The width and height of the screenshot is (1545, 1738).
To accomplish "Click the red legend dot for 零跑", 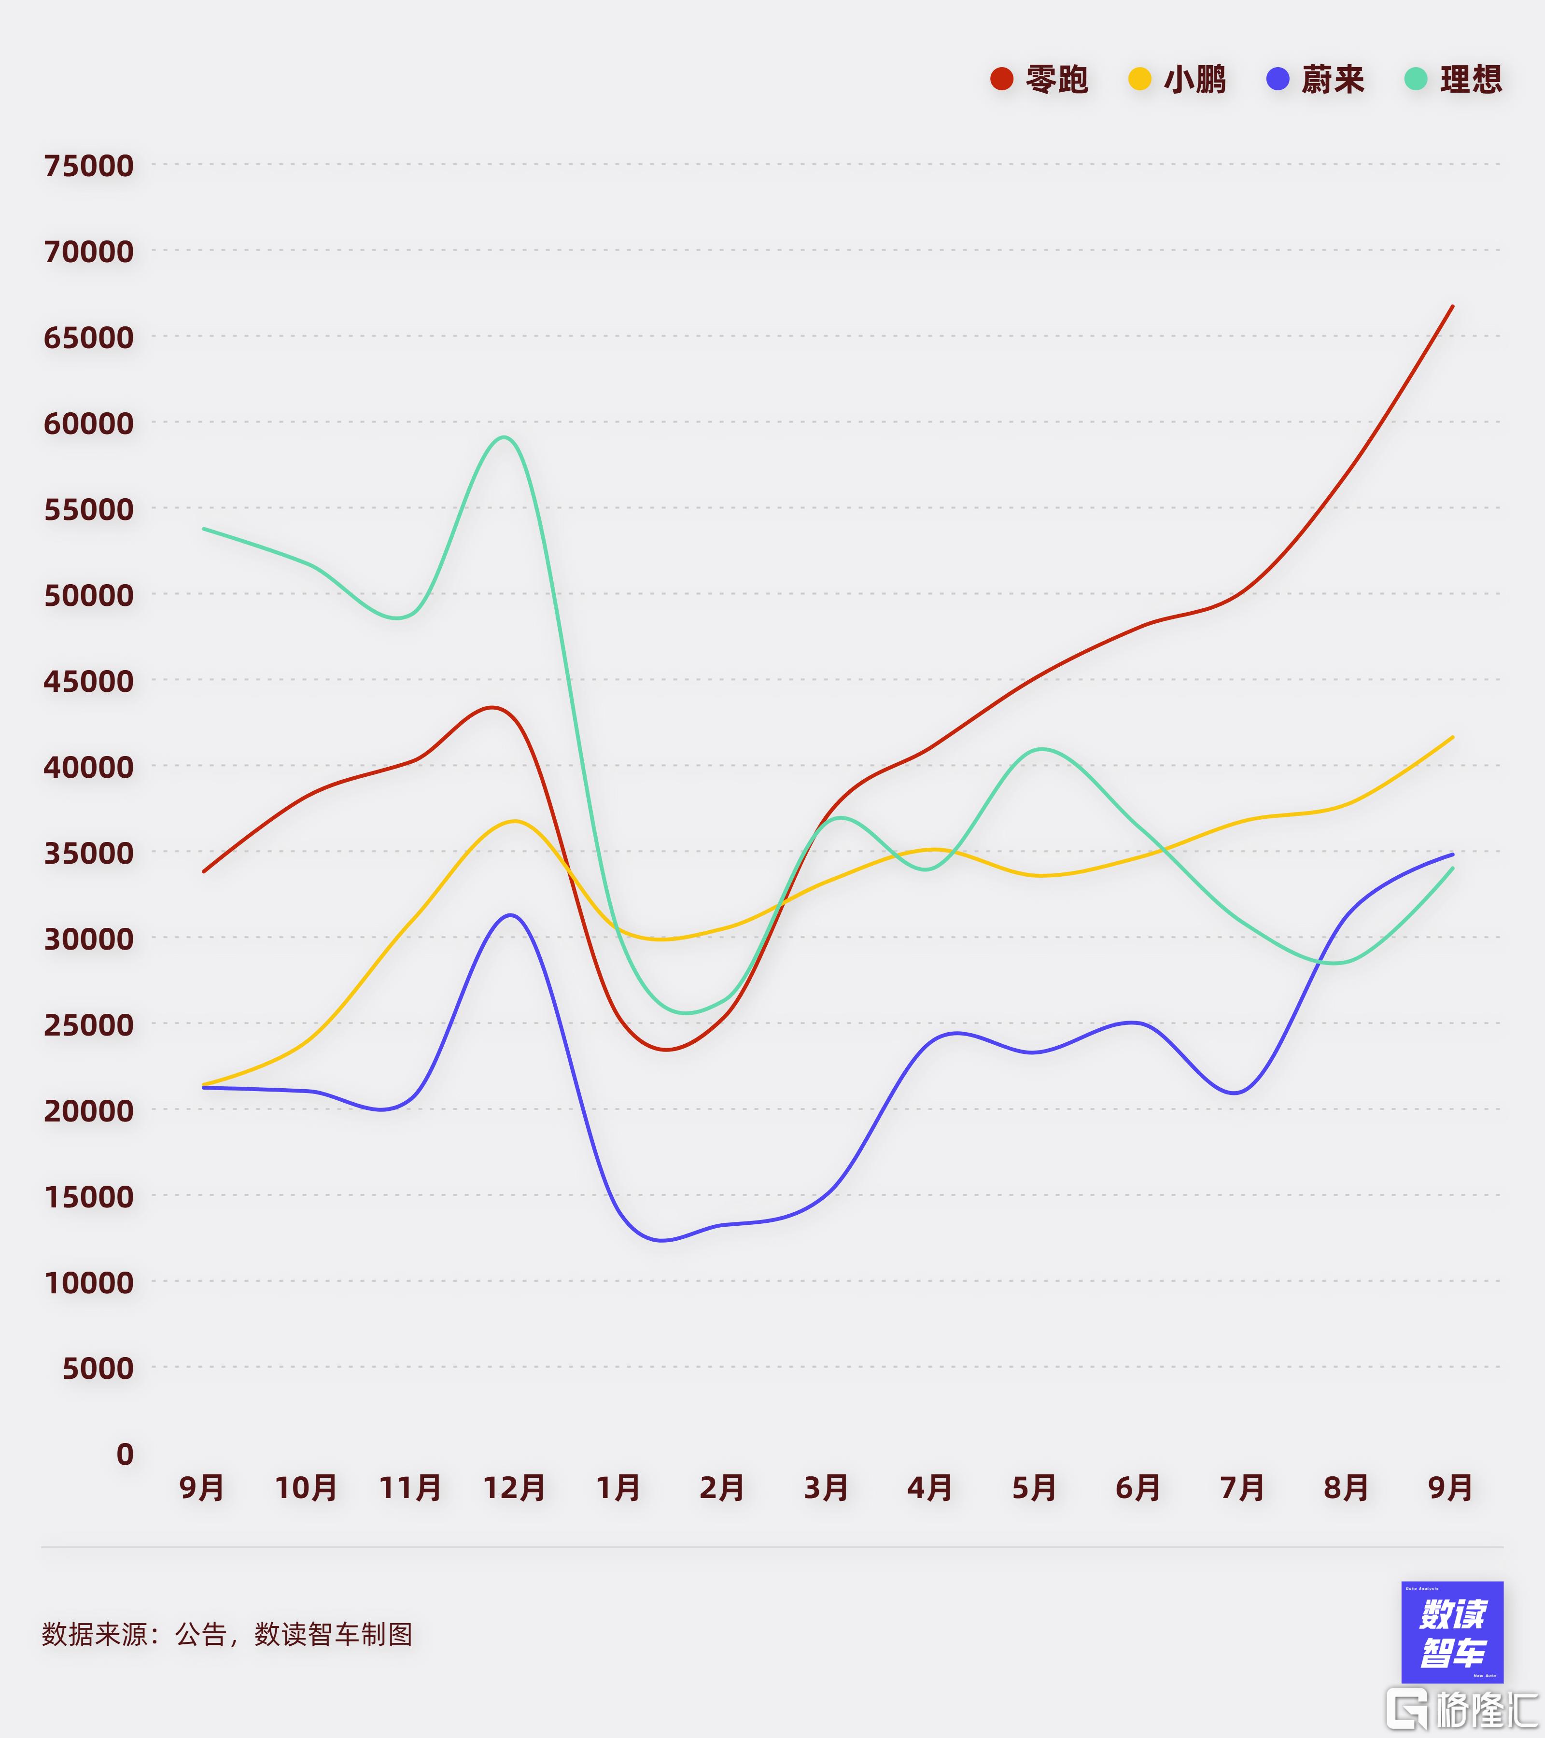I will pos(1002,79).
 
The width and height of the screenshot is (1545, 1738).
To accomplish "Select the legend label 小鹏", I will pos(1194,79).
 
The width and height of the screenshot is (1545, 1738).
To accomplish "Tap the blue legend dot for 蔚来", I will pos(1277,79).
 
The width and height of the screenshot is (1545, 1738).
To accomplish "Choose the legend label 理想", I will pos(1471,79).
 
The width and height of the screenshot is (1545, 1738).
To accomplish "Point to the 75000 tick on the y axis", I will pos(88,165).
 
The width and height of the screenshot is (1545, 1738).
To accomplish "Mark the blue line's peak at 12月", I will pos(510,915).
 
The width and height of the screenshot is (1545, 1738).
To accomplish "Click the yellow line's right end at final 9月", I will pos(1452,737).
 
